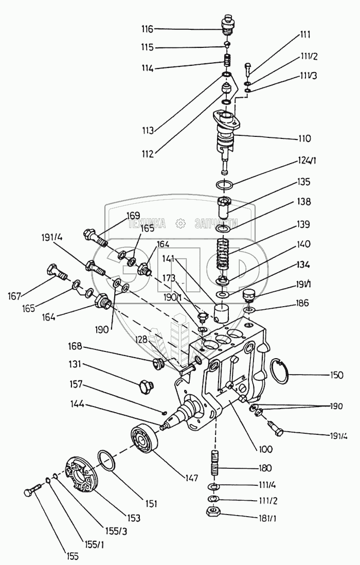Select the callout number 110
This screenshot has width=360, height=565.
point(304,139)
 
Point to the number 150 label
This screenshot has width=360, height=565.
point(336,375)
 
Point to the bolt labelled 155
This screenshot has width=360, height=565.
point(32,491)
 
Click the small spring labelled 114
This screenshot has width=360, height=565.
point(227,60)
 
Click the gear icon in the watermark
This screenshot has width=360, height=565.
point(180,223)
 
